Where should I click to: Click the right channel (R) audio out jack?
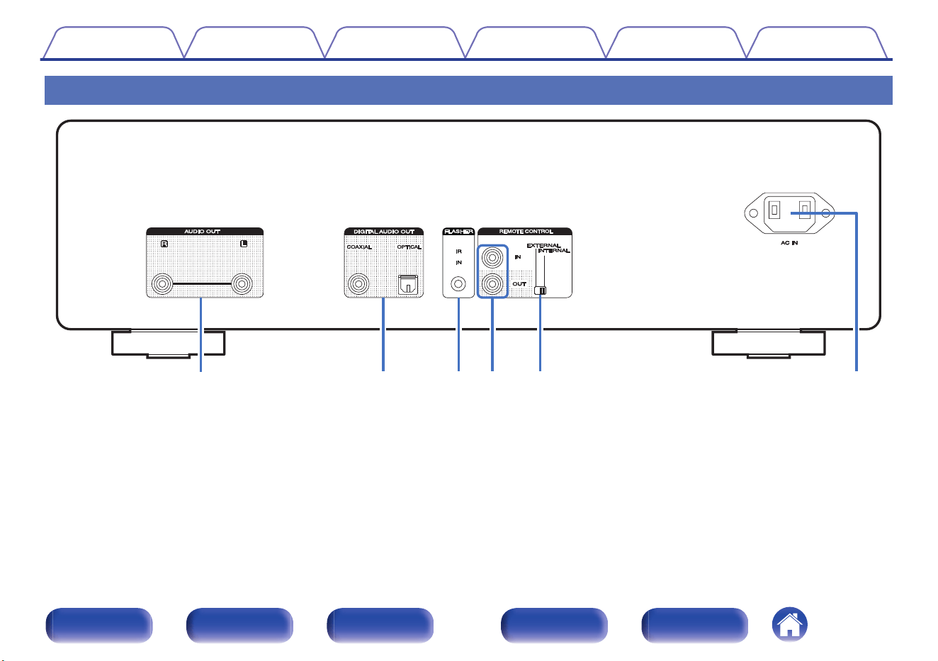point(162,283)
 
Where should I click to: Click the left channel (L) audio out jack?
point(242,283)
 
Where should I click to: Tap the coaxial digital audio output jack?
point(358,283)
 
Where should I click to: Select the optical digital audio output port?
point(407,284)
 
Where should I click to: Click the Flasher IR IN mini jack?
point(458,284)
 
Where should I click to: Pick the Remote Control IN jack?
point(492,258)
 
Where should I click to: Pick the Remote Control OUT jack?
point(492,284)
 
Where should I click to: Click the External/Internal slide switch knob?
point(540,290)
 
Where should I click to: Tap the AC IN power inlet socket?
point(789,213)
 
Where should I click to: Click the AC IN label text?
point(789,243)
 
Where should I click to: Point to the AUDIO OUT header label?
point(202,231)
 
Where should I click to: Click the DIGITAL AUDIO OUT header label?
point(384,231)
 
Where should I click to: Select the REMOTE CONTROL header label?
point(526,231)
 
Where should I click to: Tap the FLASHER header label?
point(458,231)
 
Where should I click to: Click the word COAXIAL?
point(359,247)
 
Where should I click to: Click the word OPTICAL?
point(409,247)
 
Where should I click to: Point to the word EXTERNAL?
point(543,245)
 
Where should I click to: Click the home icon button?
point(790,624)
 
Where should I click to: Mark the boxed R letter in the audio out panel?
point(164,244)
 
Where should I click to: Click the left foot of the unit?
point(169,344)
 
